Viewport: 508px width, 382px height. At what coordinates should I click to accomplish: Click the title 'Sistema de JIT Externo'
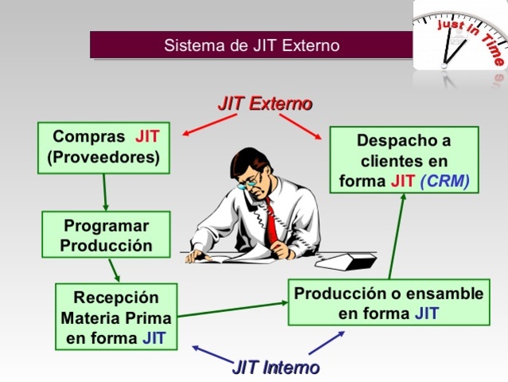pyautogui.click(x=251, y=45)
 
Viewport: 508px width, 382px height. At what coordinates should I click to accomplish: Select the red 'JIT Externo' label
pyautogui.click(x=265, y=103)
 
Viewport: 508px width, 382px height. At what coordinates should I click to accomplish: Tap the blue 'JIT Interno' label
pyautogui.click(x=275, y=367)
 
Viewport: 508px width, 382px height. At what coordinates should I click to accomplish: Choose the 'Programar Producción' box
pyautogui.click(x=106, y=234)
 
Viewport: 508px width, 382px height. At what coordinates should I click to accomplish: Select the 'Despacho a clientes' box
pyautogui.click(x=404, y=160)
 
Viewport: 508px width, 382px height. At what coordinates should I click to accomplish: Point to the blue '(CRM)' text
pyautogui.click(x=444, y=181)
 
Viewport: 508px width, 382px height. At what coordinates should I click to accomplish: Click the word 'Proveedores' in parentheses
pyautogui.click(x=103, y=158)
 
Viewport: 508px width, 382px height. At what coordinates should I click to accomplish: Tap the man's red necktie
pyautogui.click(x=273, y=222)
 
